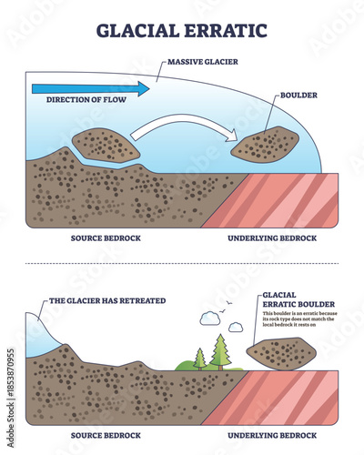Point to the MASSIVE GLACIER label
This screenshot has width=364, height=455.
click(x=205, y=64)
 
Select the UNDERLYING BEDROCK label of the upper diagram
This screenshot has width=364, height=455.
click(x=270, y=238)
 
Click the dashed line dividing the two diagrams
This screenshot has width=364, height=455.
click(x=182, y=265)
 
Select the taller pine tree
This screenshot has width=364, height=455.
click(x=218, y=350)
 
